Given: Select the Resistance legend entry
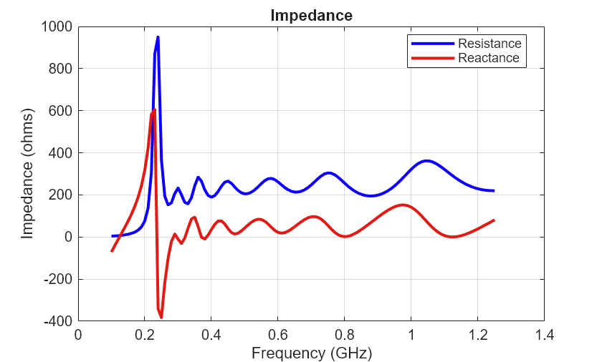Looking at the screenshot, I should [x=489, y=43].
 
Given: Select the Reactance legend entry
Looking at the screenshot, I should [x=489, y=58].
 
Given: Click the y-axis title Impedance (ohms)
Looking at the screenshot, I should [x=28, y=173].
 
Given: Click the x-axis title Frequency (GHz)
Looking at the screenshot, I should [x=311, y=353].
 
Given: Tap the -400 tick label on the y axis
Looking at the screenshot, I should [x=58, y=321].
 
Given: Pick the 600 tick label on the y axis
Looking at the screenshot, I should [x=61, y=111].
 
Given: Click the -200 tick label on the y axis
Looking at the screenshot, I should [x=58, y=279].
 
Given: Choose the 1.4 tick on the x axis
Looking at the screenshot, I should [x=544, y=334].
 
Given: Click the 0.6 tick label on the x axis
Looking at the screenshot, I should [x=278, y=334].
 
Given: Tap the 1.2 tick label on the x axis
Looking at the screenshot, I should [x=477, y=334].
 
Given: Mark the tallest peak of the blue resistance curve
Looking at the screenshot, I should [x=158, y=37].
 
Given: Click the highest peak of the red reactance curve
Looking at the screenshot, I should [x=154, y=109].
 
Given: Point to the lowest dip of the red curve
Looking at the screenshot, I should [x=161, y=317].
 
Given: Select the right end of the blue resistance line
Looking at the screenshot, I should [x=494, y=191].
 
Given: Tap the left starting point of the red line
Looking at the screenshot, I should [x=112, y=251].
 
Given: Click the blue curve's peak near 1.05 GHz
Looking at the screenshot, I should [x=427, y=161].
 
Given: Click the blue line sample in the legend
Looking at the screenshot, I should [x=432, y=43].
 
